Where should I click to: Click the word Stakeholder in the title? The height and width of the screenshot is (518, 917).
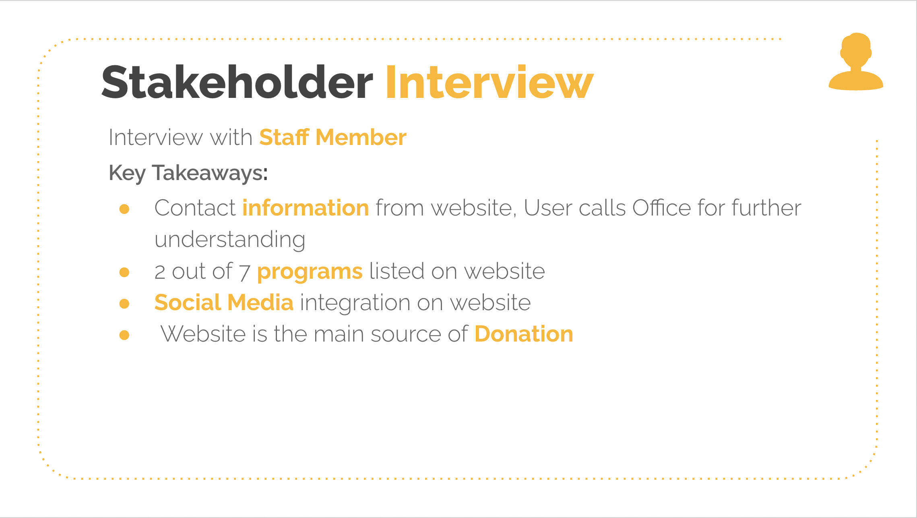(237, 82)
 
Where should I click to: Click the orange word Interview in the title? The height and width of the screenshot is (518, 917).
(489, 82)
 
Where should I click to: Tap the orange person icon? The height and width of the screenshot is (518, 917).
(856, 61)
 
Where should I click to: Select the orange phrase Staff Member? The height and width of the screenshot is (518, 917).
(333, 137)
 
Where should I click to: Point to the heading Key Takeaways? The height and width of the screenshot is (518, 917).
(188, 173)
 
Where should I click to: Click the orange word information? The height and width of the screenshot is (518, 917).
(306, 208)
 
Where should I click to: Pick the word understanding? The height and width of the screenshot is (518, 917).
(230, 240)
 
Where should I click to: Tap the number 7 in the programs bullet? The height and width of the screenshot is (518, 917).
(245, 272)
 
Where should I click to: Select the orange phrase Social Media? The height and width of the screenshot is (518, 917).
(224, 303)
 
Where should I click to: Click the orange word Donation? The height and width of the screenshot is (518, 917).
(524, 334)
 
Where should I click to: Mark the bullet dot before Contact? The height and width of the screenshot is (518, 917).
(124, 209)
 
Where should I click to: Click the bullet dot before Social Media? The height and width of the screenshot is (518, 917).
(124, 303)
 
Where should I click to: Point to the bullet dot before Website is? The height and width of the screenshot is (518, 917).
(124, 335)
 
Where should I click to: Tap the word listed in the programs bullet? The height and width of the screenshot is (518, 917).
(397, 271)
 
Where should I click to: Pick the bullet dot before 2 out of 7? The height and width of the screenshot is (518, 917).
(124, 272)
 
